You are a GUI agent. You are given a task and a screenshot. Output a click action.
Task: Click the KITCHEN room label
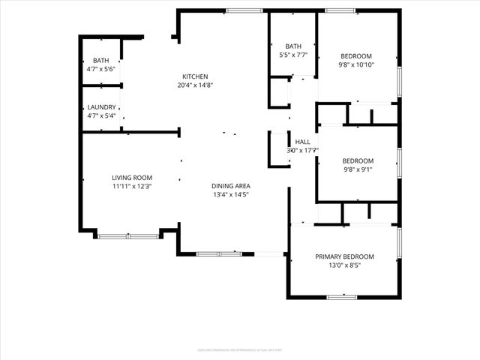point(195,76)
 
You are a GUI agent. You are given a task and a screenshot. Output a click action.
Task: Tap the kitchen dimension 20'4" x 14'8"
point(195,85)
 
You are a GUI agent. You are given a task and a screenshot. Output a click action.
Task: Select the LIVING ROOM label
point(132,177)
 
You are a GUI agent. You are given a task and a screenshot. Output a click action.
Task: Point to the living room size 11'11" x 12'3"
point(132,187)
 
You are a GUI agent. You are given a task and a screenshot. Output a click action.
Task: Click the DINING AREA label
point(230,185)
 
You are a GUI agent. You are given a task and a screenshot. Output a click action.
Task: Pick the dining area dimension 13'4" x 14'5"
point(230,195)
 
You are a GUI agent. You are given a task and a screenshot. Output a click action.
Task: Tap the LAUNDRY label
point(101,106)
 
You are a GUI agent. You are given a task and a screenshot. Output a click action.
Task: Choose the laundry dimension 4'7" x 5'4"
point(101,115)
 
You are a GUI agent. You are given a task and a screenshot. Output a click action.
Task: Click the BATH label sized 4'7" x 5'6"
point(100,60)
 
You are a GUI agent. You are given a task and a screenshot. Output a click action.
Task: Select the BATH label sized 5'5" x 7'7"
point(292,46)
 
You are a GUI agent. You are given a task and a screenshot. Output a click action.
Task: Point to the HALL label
point(302,141)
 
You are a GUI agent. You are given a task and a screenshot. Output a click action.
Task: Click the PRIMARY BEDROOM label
point(344,256)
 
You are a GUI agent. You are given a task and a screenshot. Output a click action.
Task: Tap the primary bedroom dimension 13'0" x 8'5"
point(344,265)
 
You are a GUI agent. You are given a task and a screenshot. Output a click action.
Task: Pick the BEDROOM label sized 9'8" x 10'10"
point(356,55)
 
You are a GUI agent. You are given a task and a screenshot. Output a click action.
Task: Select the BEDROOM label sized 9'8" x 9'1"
point(358,160)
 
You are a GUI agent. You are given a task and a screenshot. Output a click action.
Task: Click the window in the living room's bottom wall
point(128,237)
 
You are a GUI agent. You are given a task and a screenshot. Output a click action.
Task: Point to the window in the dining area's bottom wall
point(219,253)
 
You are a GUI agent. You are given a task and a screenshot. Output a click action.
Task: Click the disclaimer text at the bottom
point(239,349)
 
